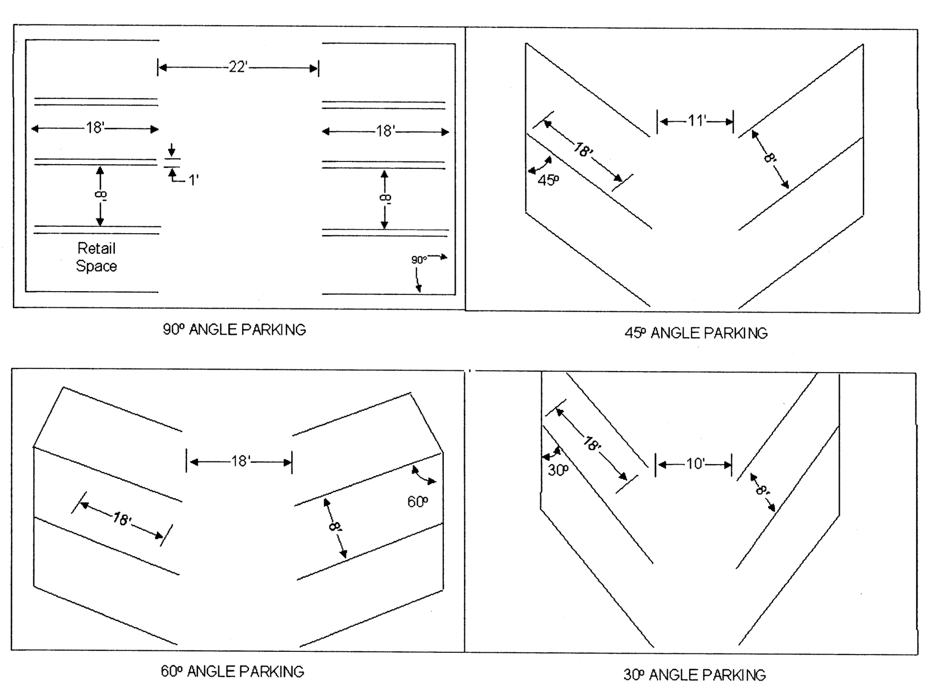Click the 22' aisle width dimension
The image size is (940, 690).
click(x=238, y=67)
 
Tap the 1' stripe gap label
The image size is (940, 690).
click(x=193, y=180)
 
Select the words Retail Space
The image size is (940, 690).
click(x=97, y=257)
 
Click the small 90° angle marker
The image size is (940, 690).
click(x=419, y=260)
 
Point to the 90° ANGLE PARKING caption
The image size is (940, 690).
click(x=234, y=329)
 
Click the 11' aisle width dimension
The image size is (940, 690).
click(x=697, y=121)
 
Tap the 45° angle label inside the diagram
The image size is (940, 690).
click(x=548, y=180)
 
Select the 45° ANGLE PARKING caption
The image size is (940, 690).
click(x=696, y=333)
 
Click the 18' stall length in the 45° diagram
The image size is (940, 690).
click(x=583, y=151)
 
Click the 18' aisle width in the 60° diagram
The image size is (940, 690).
click(x=241, y=461)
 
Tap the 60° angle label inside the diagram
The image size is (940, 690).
click(x=418, y=502)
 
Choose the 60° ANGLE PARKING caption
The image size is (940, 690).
click(x=232, y=671)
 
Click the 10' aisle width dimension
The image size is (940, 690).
click(x=695, y=464)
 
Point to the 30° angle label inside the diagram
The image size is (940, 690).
click(x=558, y=470)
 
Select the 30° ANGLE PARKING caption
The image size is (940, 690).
click(x=695, y=675)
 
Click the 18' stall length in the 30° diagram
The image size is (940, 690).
click(x=592, y=444)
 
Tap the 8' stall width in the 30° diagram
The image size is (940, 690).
click(x=762, y=491)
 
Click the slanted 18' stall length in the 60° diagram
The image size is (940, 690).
click(x=122, y=519)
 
